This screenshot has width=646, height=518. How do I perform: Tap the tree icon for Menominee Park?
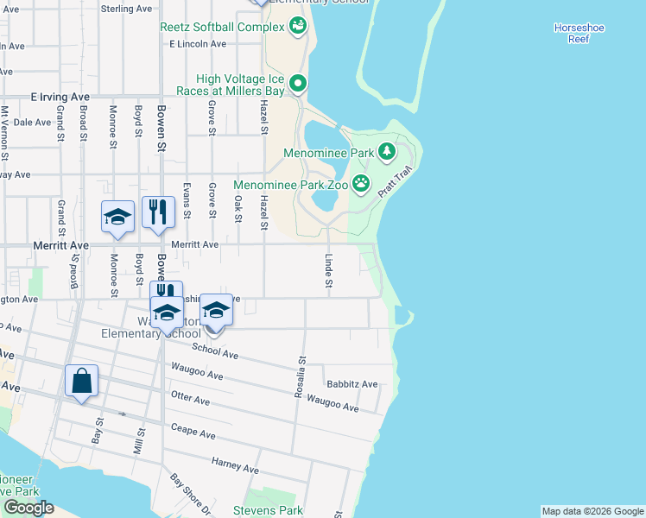coord(387,153)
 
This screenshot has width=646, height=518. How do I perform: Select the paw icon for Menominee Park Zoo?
coord(360,184)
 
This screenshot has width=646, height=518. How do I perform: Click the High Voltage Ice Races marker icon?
coord(298,84)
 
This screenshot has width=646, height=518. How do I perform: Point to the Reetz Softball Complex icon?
coord(298,26)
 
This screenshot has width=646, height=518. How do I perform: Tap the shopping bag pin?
coord(81,381)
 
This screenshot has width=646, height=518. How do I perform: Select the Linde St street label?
coord(329,271)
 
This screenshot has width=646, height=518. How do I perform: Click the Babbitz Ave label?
coord(351,384)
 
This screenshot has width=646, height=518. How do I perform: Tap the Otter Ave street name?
coord(192,401)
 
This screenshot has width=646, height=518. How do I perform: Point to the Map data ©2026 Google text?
coord(592,511)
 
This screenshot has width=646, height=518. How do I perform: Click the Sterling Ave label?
coord(126,9)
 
